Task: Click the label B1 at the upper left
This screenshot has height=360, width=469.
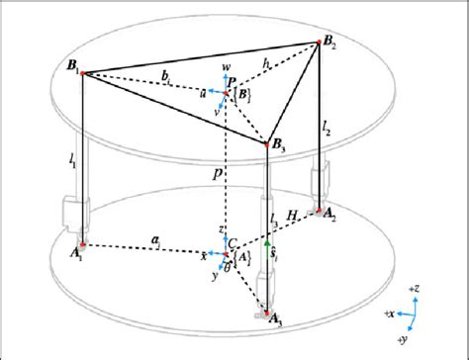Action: pyautogui.click(x=68, y=67)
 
